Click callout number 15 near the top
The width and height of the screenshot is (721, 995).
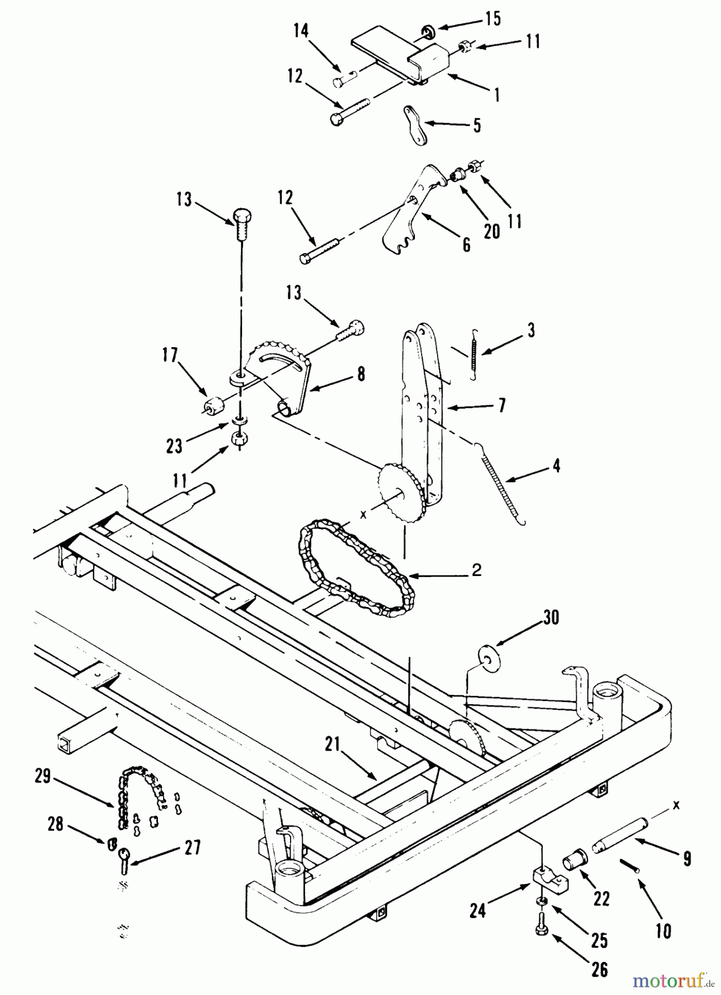coord(493,18)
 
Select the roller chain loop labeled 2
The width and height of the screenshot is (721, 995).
coord(354,575)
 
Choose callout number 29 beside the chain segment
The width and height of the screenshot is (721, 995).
coord(42,777)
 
